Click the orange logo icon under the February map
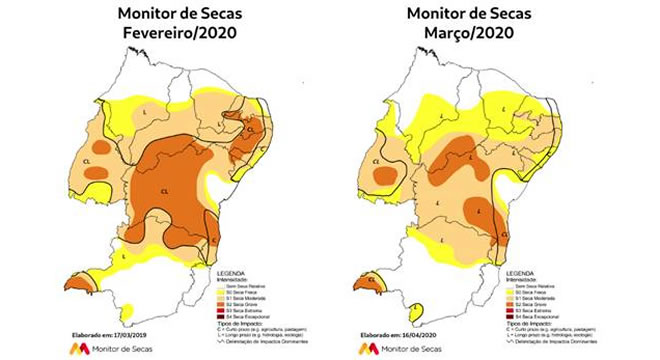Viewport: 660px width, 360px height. click(x=76, y=348)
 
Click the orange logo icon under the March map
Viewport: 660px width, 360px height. click(x=367, y=348)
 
